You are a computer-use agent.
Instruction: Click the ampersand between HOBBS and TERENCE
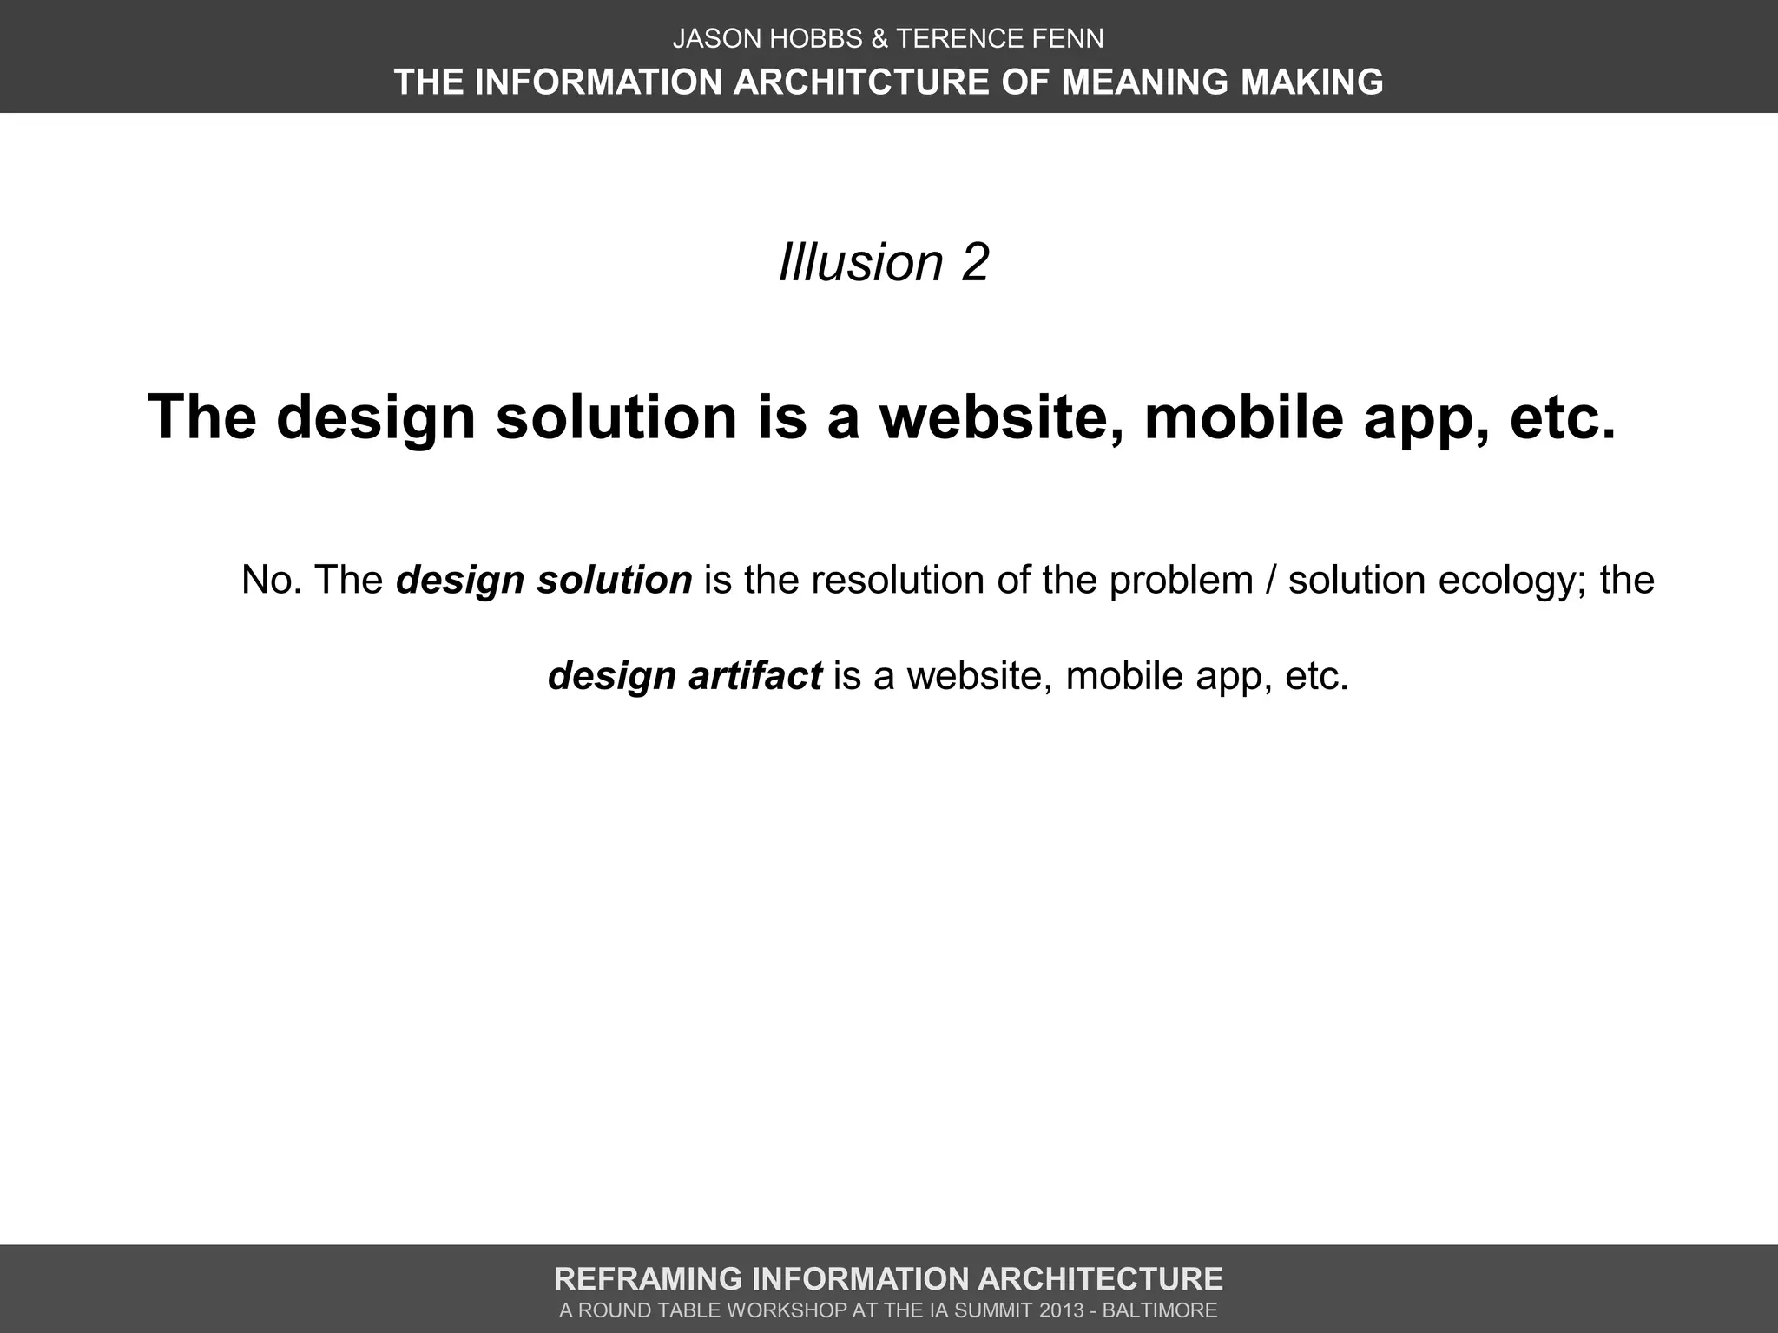click(879, 39)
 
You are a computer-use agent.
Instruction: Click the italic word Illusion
click(860, 262)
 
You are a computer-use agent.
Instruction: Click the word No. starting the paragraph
click(272, 580)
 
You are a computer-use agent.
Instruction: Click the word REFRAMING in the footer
click(646, 1279)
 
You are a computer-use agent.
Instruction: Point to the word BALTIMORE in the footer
click(1160, 1310)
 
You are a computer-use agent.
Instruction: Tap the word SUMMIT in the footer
click(1004, 1310)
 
